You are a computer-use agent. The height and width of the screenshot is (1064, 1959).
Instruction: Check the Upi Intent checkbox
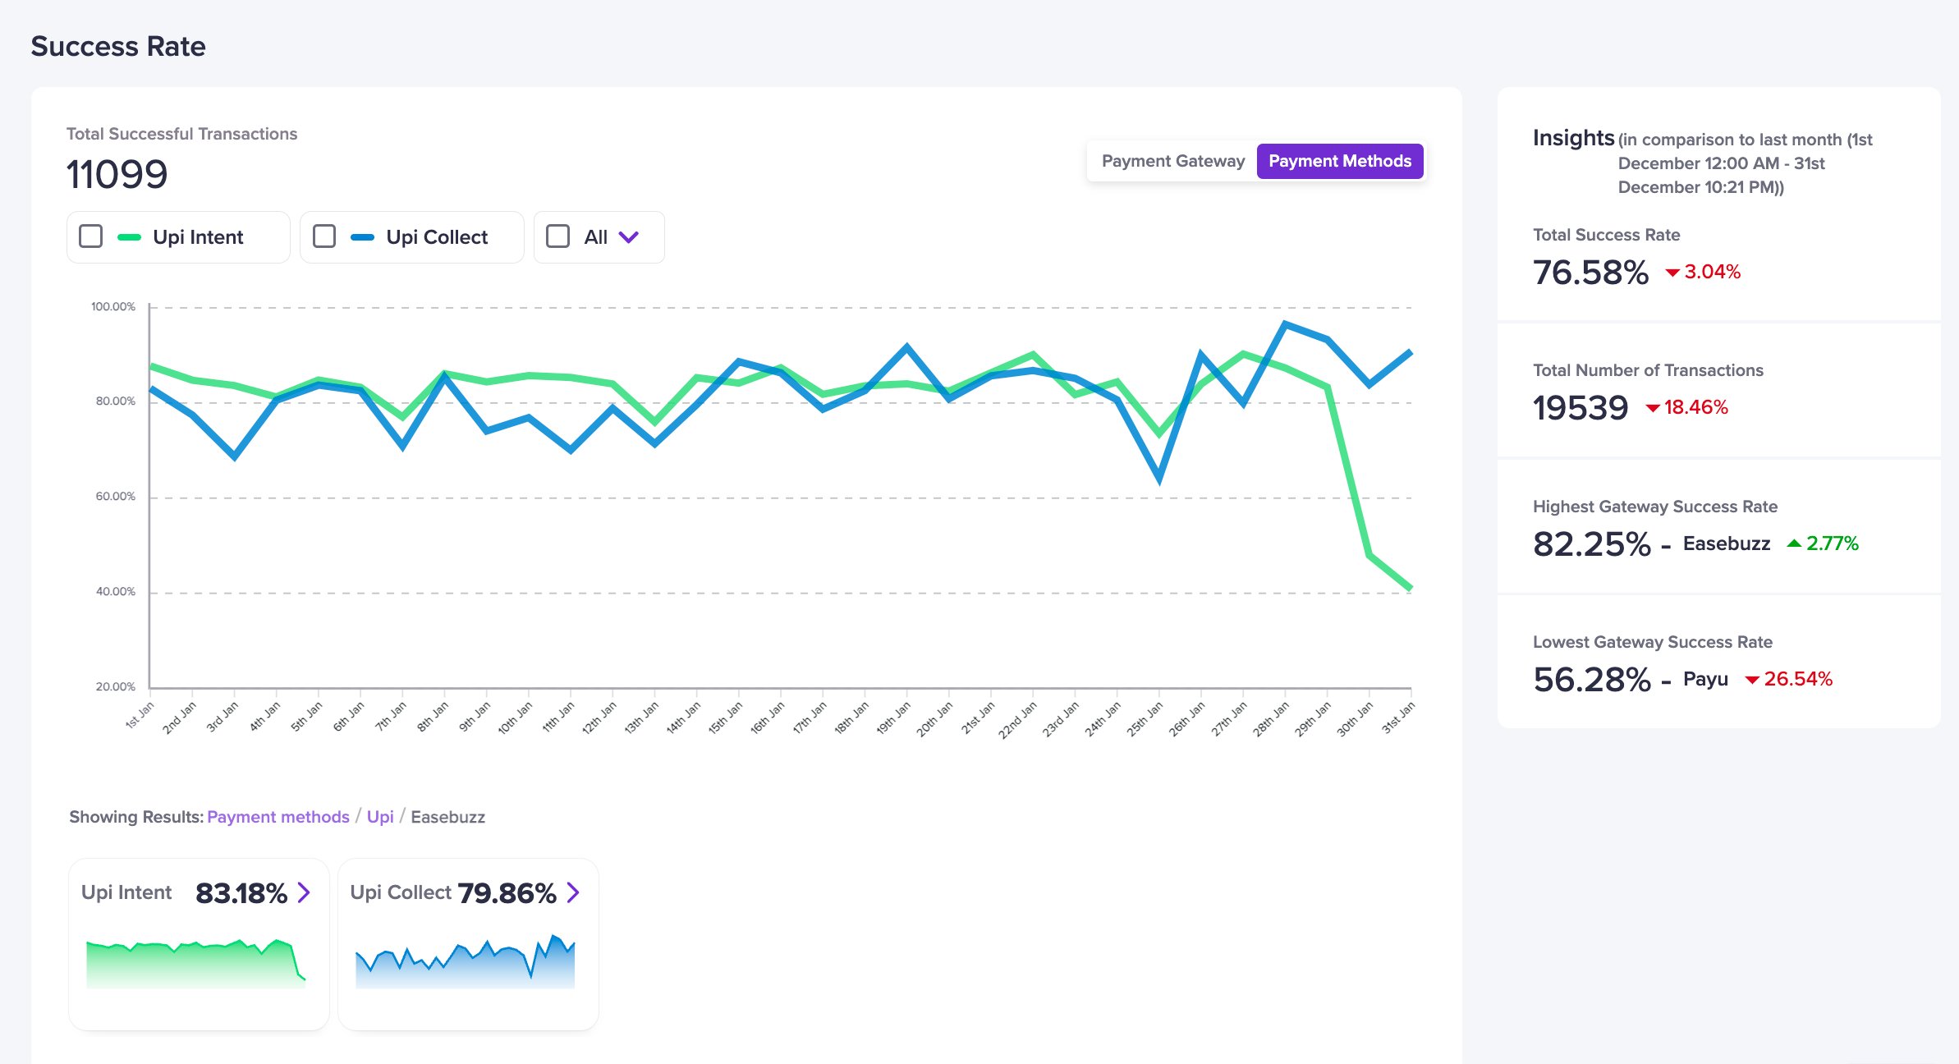pyautogui.click(x=90, y=236)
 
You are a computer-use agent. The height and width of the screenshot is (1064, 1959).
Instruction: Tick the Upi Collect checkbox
pyautogui.click(x=324, y=236)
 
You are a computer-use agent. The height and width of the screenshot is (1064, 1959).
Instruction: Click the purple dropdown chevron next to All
pyautogui.click(x=628, y=237)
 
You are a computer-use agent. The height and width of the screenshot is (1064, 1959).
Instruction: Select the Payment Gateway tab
pyautogui.click(x=1172, y=161)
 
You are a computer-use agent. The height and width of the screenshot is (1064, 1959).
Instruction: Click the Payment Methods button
pyautogui.click(x=1340, y=161)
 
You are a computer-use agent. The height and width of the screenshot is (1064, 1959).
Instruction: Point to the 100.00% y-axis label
pyautogui.click(x=113, y=306)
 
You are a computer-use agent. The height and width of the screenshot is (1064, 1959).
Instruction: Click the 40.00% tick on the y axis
pyautogui.click(x=116, y=591)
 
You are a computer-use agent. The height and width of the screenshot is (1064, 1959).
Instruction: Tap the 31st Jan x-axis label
pyautogui.click(x=1397, y=718)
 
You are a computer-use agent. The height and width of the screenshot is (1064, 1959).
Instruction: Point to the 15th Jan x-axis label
pyautogui.click(x=725, y=718)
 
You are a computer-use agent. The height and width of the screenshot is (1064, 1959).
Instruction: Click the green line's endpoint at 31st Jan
pyautogui.click(x=1410, y=588)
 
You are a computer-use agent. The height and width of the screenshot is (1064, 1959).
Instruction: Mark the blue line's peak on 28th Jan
pyautogui.click(x=1285, y=325)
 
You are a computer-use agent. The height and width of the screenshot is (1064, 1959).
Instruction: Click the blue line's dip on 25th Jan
pyautogui.click(x=1159, y=478)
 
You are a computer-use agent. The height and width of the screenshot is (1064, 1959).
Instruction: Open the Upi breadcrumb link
pyautogui.click(x=380, y=817)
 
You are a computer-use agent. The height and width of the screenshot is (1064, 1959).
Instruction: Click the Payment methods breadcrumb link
pyautogui.click(x=278, y=817)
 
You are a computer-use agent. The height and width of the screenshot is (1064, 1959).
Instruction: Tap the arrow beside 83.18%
pyautogui.click(x=304, y=892)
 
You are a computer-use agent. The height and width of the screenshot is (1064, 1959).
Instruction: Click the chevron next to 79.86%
pyautogui.click(x=573, y=892)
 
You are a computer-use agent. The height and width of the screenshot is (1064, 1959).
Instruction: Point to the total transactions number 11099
pyautogui.click(x=117, y=174)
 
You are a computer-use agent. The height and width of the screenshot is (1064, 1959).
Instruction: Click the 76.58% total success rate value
pyautogui.click(x=1590, y=272)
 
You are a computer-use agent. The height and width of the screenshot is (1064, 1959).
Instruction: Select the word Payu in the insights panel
pyautogui.click(x=1705, y=679)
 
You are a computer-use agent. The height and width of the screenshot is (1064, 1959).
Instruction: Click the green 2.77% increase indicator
pyautogui.click(x=1823, y=543)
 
